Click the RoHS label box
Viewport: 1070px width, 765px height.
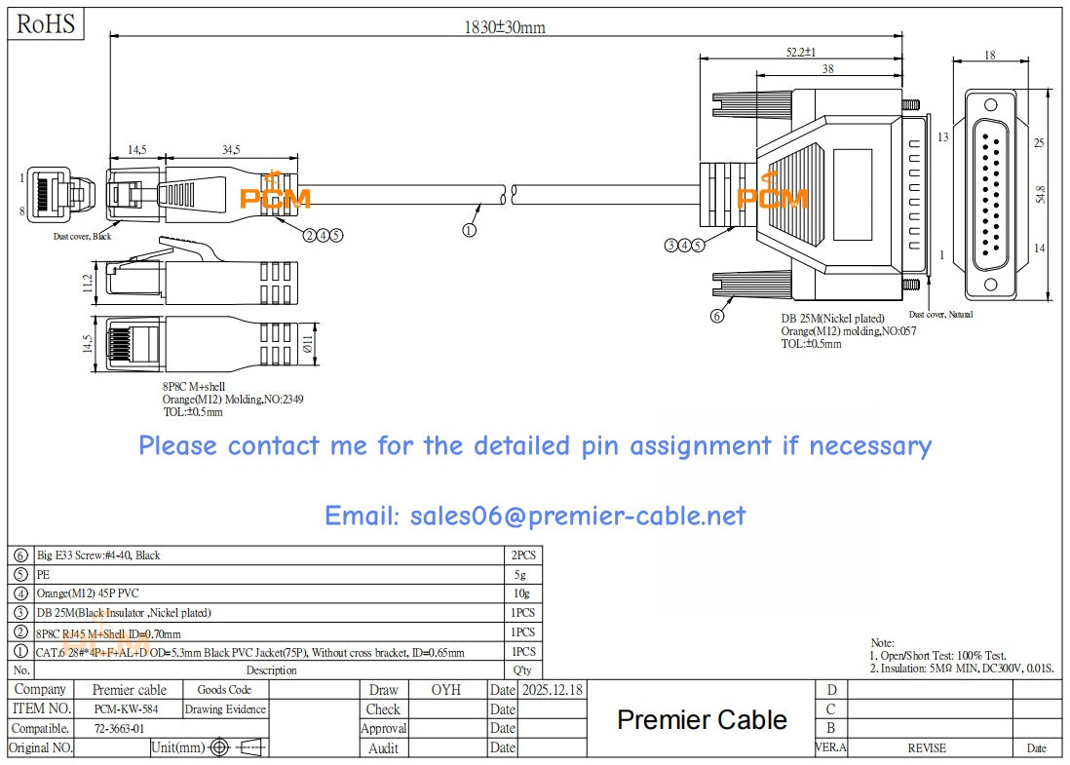tap(46, 24)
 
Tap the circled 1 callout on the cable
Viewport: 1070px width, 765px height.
tap(469, 231)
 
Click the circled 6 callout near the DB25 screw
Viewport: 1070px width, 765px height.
tap(717, 315)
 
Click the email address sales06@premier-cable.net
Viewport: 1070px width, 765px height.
tap(535, 516)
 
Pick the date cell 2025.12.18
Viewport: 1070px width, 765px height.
tap(553, 690)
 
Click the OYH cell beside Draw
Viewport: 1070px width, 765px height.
tap(445, 690)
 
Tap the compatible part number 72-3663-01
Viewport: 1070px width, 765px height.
tap(120, 728)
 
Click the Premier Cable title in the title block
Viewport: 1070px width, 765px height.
tap(702, 720)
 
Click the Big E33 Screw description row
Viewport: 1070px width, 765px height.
tap(98, 555)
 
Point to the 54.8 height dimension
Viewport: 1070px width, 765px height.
tap(1040, 194)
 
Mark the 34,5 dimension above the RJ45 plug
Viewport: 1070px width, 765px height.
tap(230, 150)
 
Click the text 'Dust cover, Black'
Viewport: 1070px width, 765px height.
tap(82, 236)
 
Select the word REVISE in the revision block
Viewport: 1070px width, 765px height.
tap(927, 747)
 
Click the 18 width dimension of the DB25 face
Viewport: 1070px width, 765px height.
tap(990, 56)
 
